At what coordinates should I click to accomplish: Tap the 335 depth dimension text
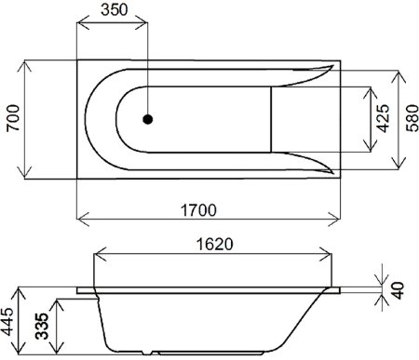tap(43, 327)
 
